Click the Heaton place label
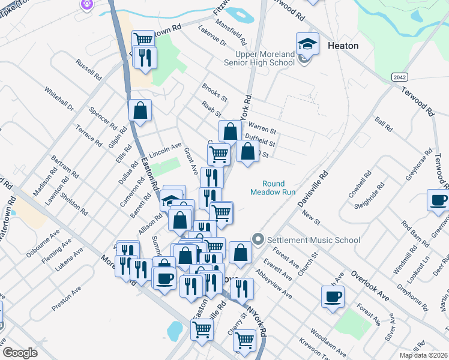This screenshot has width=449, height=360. coord(343,46)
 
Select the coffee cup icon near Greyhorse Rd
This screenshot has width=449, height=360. coord(438,200)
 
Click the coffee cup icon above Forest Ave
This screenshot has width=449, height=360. coord(332,296)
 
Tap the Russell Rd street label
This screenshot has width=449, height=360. coord(88,70)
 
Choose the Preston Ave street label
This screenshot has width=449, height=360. coord(67,298)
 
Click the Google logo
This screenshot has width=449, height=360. coord(19,353)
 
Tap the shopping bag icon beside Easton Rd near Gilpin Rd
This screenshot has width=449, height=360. coord(140,110)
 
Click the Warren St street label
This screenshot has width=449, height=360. coord(262,129)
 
